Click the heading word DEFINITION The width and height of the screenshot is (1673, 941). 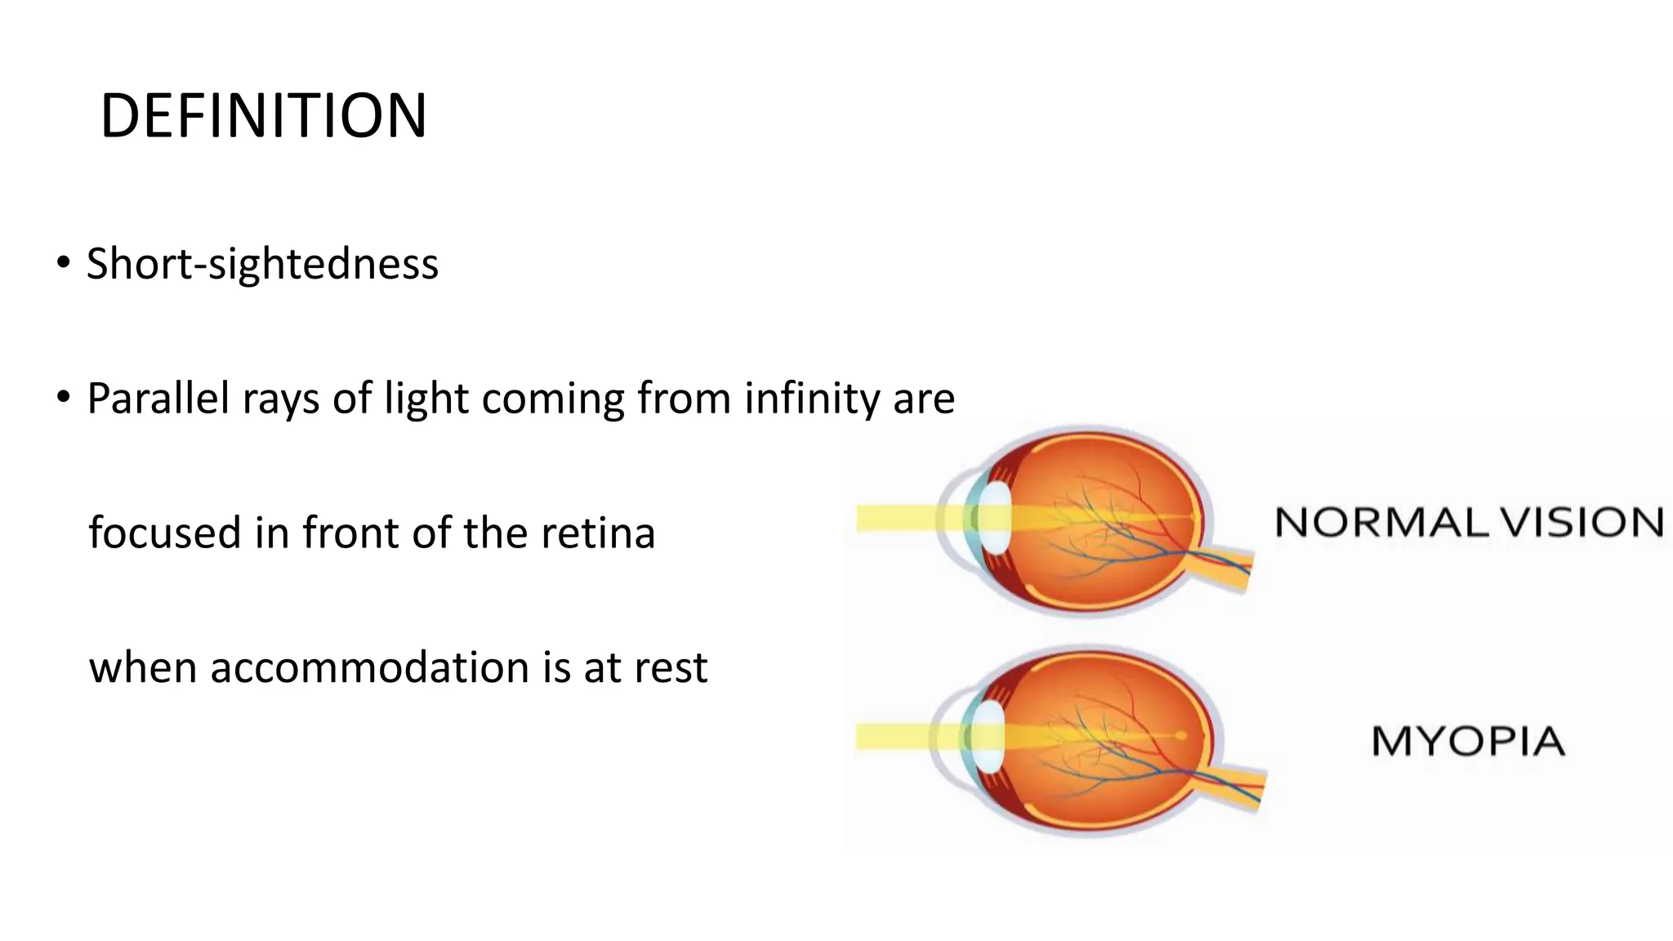263,116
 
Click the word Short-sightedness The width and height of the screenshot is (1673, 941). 262,264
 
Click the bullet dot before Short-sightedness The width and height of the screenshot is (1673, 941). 63,263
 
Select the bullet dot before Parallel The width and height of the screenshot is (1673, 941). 63,398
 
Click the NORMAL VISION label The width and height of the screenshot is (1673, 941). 1469,522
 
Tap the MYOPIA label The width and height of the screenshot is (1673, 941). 1467,741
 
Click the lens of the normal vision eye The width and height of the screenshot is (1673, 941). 995,519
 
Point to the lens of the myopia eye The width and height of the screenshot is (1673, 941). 989,737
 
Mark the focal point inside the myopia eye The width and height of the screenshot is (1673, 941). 1180,735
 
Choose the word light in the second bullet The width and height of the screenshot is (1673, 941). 426,399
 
